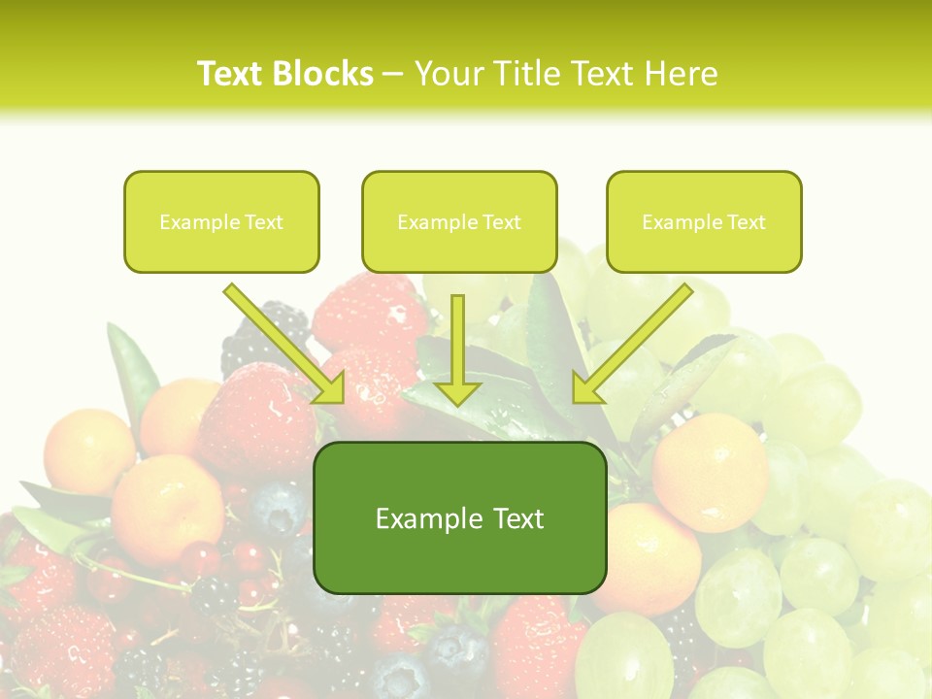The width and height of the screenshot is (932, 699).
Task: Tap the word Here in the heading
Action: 682,74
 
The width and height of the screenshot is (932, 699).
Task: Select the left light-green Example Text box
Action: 221,221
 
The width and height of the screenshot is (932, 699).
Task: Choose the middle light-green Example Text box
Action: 459,221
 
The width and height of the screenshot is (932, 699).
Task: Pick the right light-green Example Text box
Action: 704,221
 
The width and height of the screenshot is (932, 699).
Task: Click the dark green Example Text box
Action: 459,517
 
